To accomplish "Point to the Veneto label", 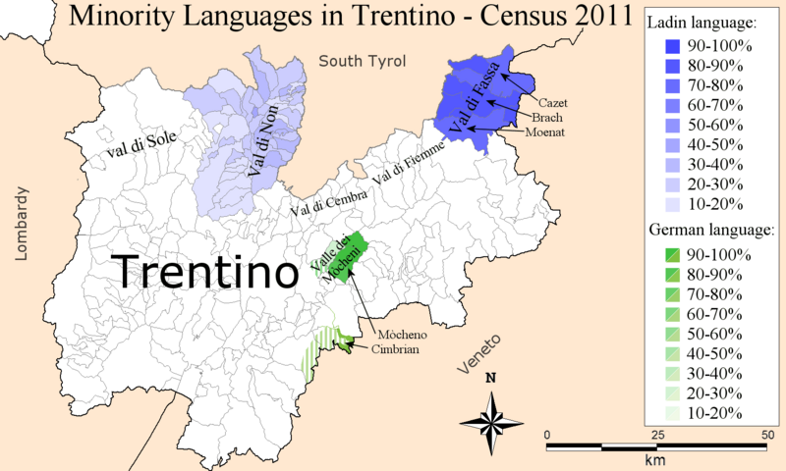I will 480,353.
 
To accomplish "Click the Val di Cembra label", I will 327,202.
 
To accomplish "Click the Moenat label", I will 544,131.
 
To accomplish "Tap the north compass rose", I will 491,414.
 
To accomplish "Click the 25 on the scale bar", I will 655,435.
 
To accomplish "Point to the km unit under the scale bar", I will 655,459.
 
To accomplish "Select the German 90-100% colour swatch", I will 667,255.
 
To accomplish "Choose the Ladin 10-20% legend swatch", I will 667,204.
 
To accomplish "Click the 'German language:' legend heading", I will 711,230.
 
